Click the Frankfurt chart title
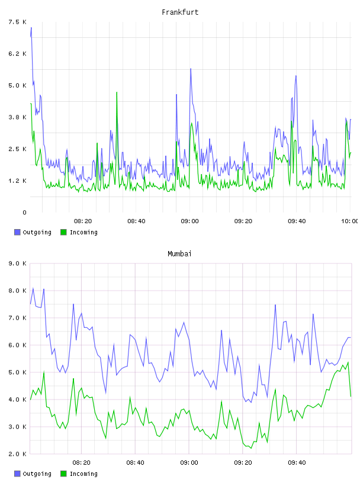[x=180, y=12]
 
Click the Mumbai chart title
[x=179, y=254]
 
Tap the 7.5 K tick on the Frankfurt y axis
[x=17, y=22]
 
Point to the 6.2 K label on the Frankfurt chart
[x=17, y=54]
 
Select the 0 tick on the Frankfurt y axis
[x=24, y=212]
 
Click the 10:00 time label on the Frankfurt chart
[x=349, y=221]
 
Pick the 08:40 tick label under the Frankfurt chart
[x=136, y=221]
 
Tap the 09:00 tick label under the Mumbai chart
[x=189, y=463]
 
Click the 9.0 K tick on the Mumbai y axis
[x=17, y=263]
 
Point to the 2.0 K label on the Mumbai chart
[x=17, y=454]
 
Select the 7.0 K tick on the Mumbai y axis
[x=17, y=318]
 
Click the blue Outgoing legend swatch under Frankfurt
[x=17, y=232]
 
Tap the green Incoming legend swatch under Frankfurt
[x=63, y=232]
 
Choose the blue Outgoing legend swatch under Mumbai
[x=17, y=474]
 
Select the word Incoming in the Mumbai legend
[x=83, y=474]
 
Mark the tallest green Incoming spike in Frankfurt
[x=117, y=92]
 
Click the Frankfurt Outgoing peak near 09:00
[x=191, y=69]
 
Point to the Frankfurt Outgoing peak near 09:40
[x=296, y=76]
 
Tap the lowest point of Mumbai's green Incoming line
[x=251, y=448]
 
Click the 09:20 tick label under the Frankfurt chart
[x=243, y=221]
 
